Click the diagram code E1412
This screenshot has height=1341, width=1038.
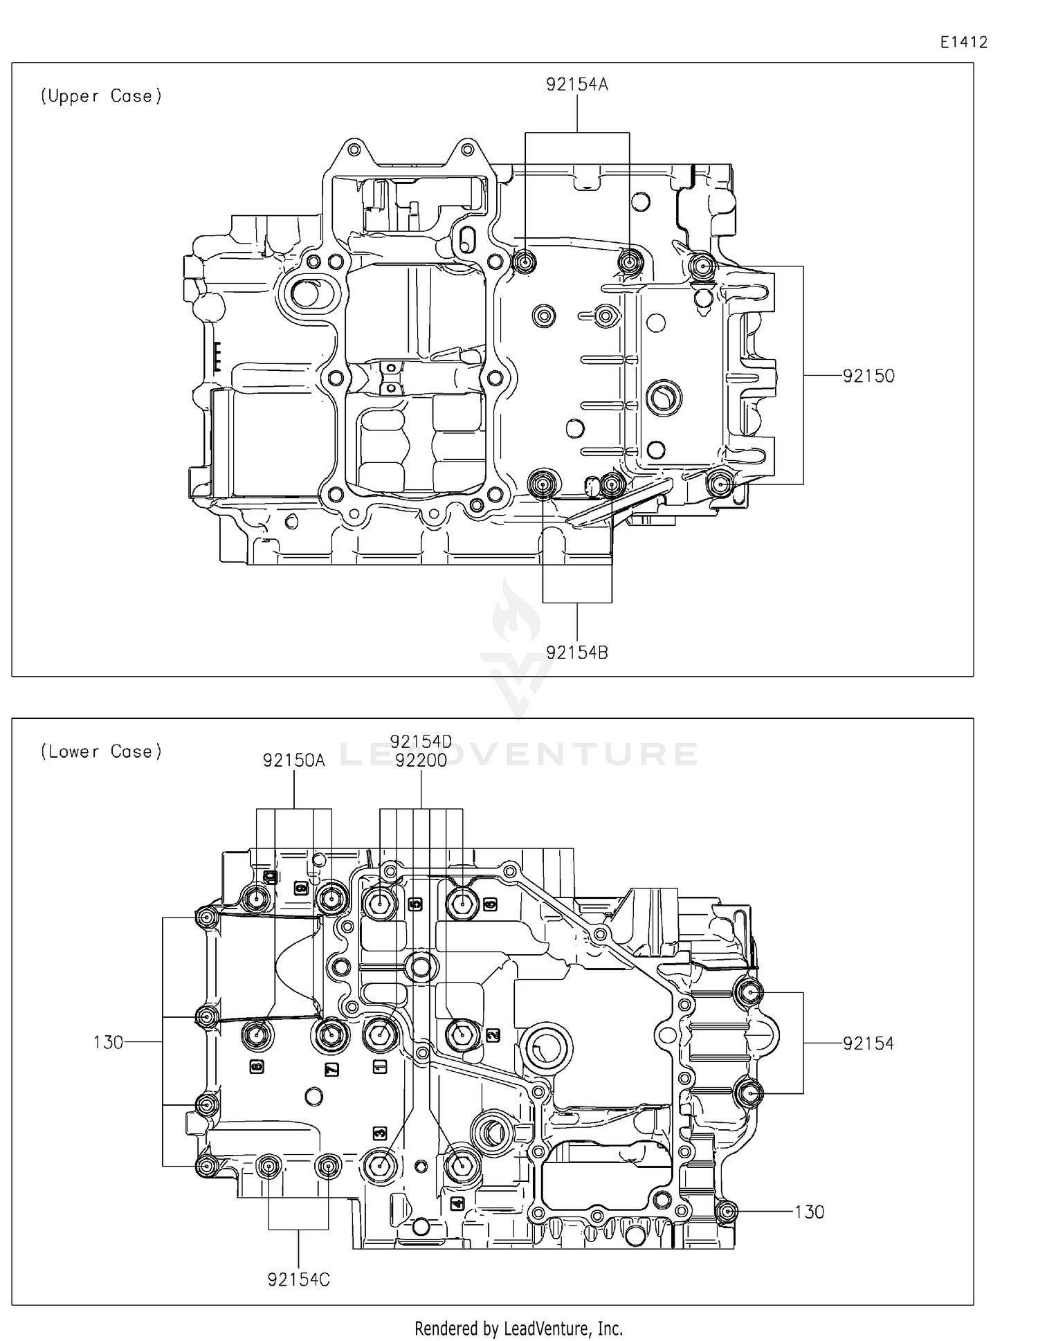pos(963,42)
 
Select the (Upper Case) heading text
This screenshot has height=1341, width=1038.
pos(101,96)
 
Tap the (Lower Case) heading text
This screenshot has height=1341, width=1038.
pos(101,751)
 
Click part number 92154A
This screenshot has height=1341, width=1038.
pos(576,84)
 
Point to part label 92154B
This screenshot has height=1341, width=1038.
pos(576,653)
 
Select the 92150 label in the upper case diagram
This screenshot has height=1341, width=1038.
pos(868,376)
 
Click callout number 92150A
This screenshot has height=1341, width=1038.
pos(293,760)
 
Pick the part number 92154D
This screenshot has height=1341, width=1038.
pos(421,742)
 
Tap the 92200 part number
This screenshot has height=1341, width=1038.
pos(421,760)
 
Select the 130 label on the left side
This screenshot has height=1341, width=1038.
pos(108,1042)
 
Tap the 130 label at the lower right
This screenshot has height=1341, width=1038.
pos(809,1212)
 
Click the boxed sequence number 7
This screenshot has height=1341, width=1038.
pos(331,1070)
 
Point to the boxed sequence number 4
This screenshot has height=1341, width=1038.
pos(457,1204)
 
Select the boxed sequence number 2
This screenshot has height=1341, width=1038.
pos(493,1035)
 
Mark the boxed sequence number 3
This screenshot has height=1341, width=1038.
pos(380,1133)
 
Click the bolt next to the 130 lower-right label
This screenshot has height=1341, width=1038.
pos(727,1212)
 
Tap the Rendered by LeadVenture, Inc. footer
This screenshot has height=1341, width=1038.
pos(518,1328)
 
